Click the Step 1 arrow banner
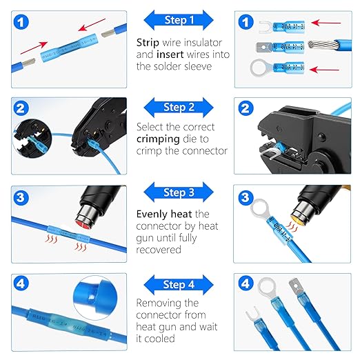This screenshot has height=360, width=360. coord(179,20)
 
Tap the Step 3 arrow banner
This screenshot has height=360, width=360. coord(179,193)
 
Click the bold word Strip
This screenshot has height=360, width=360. coord(150,42)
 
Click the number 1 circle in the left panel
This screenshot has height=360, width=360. coord(23,23)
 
